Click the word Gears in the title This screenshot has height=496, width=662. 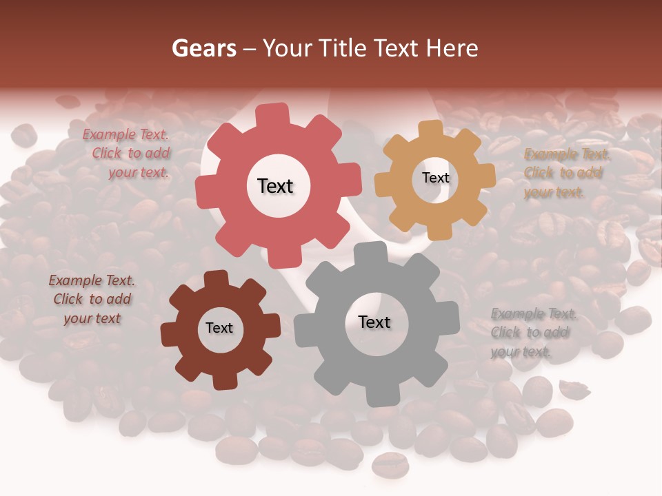click(x=203, y=48)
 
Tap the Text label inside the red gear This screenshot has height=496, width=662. click(x=275, y=186)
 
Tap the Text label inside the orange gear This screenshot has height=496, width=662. click(x=435, y=178)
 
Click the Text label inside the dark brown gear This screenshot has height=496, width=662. click(x=219, y=329)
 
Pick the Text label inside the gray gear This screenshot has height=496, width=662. click(x=374, y=322)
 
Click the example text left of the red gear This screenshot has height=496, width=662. click(x=130, y=154)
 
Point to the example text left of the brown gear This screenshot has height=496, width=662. click(x=92, y=300)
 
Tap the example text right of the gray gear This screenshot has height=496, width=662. click(x=533, y=333)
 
